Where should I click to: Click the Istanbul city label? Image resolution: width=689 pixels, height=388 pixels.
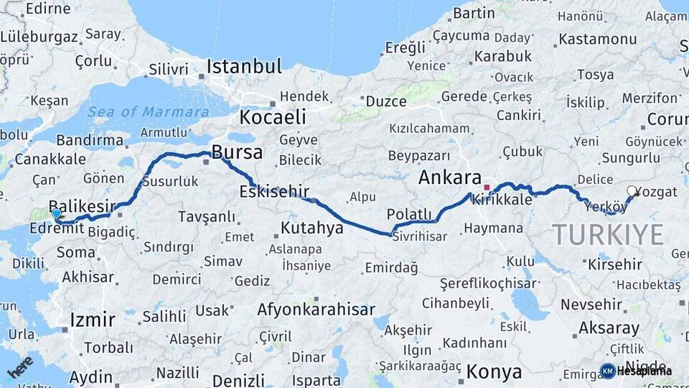pos(244,67)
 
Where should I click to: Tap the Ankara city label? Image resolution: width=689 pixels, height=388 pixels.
pos(450,177)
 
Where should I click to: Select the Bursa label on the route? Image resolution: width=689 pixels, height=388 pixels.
pos(236,153)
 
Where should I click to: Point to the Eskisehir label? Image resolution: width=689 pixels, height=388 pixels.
pos(274,191)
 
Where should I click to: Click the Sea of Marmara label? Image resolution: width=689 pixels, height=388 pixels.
pos(149,112)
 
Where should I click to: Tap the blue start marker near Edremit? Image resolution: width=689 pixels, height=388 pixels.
pos(56,213)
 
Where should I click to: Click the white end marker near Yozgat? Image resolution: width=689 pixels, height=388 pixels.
pos(632,191)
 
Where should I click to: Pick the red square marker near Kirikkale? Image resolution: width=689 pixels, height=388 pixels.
pos(487,188)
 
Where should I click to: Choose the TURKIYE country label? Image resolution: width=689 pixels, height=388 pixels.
pos(608,234)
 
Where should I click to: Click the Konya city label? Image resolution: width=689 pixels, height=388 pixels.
pos(494,371)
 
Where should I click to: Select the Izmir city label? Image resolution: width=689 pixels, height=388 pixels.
pos(93,319)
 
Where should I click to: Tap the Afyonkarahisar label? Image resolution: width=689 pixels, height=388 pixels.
pos(317,310)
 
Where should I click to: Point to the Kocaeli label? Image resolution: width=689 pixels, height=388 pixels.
pos(273,117)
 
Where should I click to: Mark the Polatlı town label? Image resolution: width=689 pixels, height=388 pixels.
pos(409,214)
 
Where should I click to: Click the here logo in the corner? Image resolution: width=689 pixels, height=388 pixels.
pos(19,366)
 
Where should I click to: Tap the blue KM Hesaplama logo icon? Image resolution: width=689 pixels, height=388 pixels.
pos(608,371)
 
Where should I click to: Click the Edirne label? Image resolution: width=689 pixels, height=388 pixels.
pos(49,9)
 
